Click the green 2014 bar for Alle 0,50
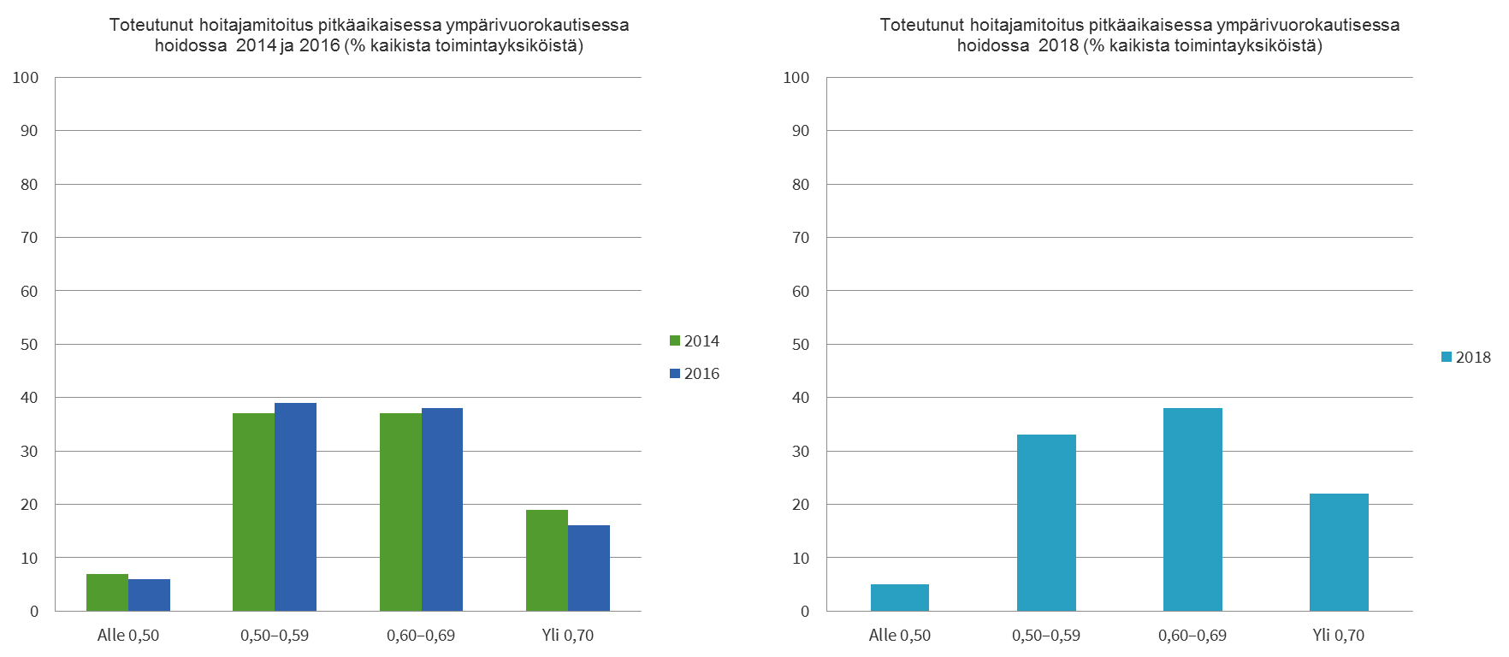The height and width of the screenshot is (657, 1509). pyautogui.click(x=107, y=592)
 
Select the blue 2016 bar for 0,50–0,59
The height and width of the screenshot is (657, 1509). pyautogui.click(x=296, y=506)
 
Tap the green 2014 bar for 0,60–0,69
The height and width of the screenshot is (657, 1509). pyautogui.click(x=400, y=512)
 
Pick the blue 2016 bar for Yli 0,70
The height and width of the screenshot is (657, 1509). pyautogui.click(x=589, y=568)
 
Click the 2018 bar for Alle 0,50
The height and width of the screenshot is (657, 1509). pyautogui.click(x=900, y=597)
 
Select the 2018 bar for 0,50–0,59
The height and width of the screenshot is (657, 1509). pyautogui.click(x=1046, y=523)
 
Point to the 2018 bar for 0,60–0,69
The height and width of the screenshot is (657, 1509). pyautogui.click(x=1192, y=509)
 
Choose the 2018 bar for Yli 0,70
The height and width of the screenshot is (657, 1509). pyautogui.click(x=1339, y=552)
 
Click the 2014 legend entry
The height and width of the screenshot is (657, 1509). pyautogui.click(x=695, y=341)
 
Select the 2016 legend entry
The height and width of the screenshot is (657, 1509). pyautogui.click(x=695, y=374)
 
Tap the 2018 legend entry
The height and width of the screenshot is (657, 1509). pyautogui.click(x=1466, y=358)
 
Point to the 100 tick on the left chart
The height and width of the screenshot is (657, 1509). pyautogui.click(x=26, y=78)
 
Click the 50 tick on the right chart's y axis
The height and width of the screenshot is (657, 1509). pyautogui.click(x=800, y=345)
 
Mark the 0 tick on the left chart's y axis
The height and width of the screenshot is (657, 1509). pyautogui.click(x=34, y=612)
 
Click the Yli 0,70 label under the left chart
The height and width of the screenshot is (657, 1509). pyautogui.click(x=567, y=636)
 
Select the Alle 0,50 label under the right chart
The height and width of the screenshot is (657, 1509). pyautogui.click(x=899, y=636)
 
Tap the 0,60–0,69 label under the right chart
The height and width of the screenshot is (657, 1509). pyautogui.click(x=1192, y=636)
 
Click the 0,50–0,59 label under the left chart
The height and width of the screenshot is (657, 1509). pyautogui.click(x=275, y=636)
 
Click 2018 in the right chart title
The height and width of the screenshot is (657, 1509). pyautogui.click(x=1058, y=46)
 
